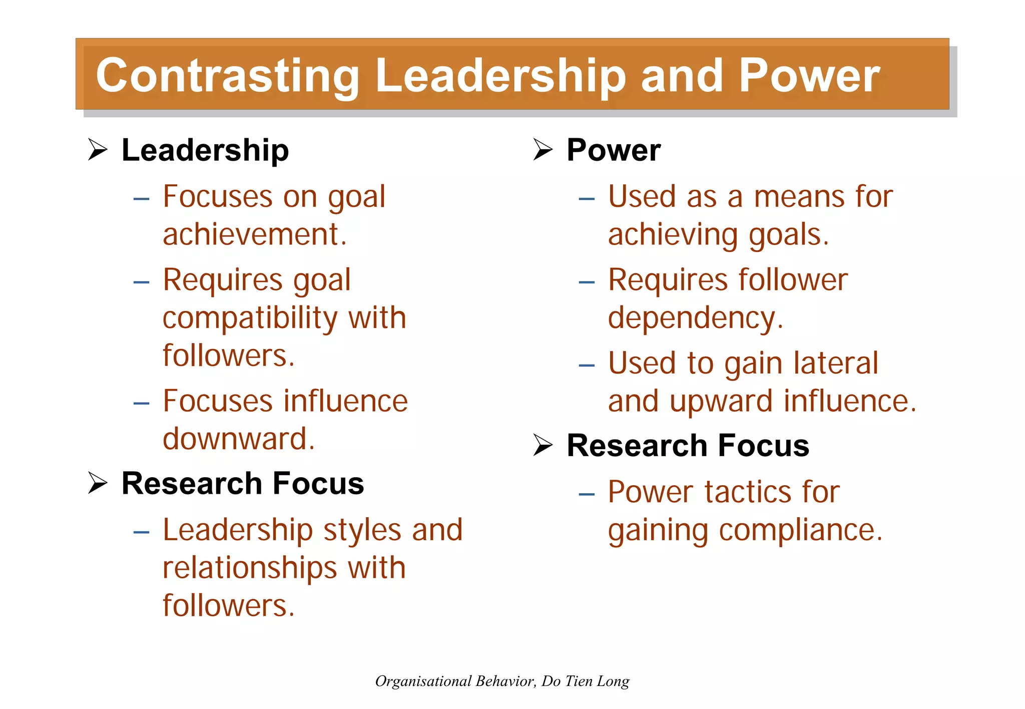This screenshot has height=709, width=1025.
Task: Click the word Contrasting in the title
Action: tap(228, 76)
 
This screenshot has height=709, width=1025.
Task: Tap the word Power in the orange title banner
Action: tap(809, 76)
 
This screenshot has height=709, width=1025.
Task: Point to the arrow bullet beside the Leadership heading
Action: tap(98, 150)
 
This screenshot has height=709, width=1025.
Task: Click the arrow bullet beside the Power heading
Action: tap(543, 150)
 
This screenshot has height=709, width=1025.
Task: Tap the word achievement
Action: tap(254, 234)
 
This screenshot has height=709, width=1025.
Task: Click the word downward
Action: tap(239, 439)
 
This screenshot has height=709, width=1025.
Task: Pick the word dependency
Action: tap(695, 318)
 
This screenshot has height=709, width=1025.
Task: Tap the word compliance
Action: tap(800, 530)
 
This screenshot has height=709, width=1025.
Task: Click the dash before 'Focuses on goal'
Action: tap(142, 199)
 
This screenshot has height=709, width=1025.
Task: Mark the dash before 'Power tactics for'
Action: tap(587, 495)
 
